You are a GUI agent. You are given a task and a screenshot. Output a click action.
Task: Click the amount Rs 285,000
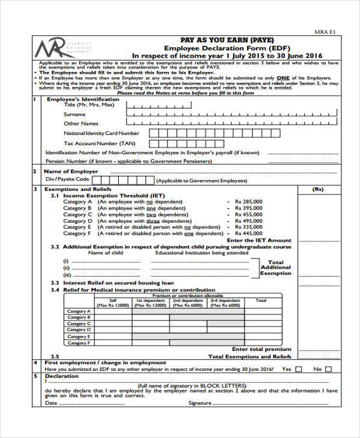[249, 202]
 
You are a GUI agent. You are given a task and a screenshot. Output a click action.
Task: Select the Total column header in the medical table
[261, 300]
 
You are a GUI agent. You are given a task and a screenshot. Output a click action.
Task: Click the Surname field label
[74, 114]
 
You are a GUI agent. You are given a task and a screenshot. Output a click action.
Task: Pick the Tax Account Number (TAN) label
[100, 143]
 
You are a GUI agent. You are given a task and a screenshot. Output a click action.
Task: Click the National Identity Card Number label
[101, 133]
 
